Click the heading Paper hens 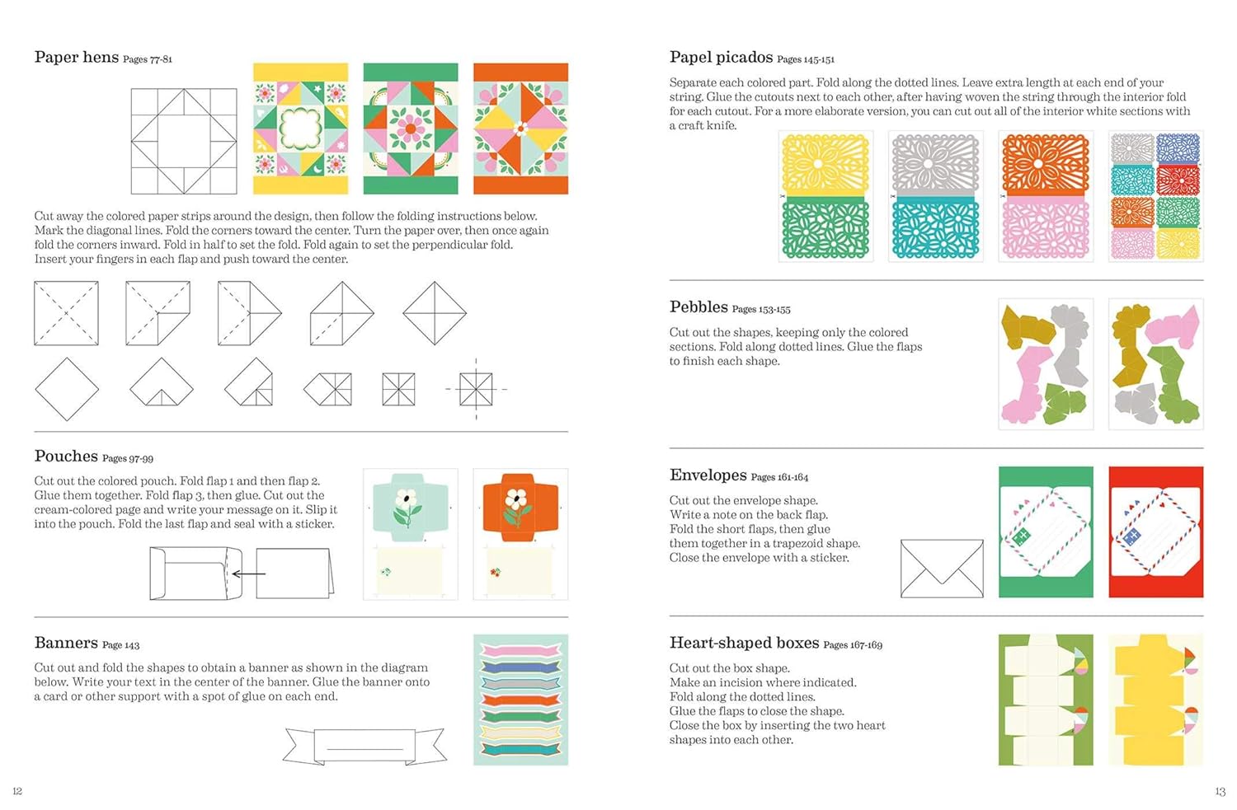[x=77, y=57]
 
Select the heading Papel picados [x=721, y=57]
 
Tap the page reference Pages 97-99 [x=128, y=458]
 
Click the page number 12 [x=17, y=791]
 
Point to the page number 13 [x=1220, y=791]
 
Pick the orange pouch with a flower [x=520, y=534]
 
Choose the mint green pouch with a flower [x=410, y=534]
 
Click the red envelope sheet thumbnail [x=1155, y=531]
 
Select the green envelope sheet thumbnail [x=1046, y=531]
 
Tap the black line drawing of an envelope [x=942, y=568]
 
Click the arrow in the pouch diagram [x=248, y=574]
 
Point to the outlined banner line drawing [x=365, y=746]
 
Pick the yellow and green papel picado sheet [x=825, y=196]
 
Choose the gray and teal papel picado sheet [x=935, y=196]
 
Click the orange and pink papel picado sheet [x=1046, y=196]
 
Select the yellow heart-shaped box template [x=1155, y=700]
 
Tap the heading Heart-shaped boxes [x=744, y=643]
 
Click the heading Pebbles [x=698, y=307]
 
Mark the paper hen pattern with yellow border [x=300, y=129]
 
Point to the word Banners [x=66, y=643]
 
